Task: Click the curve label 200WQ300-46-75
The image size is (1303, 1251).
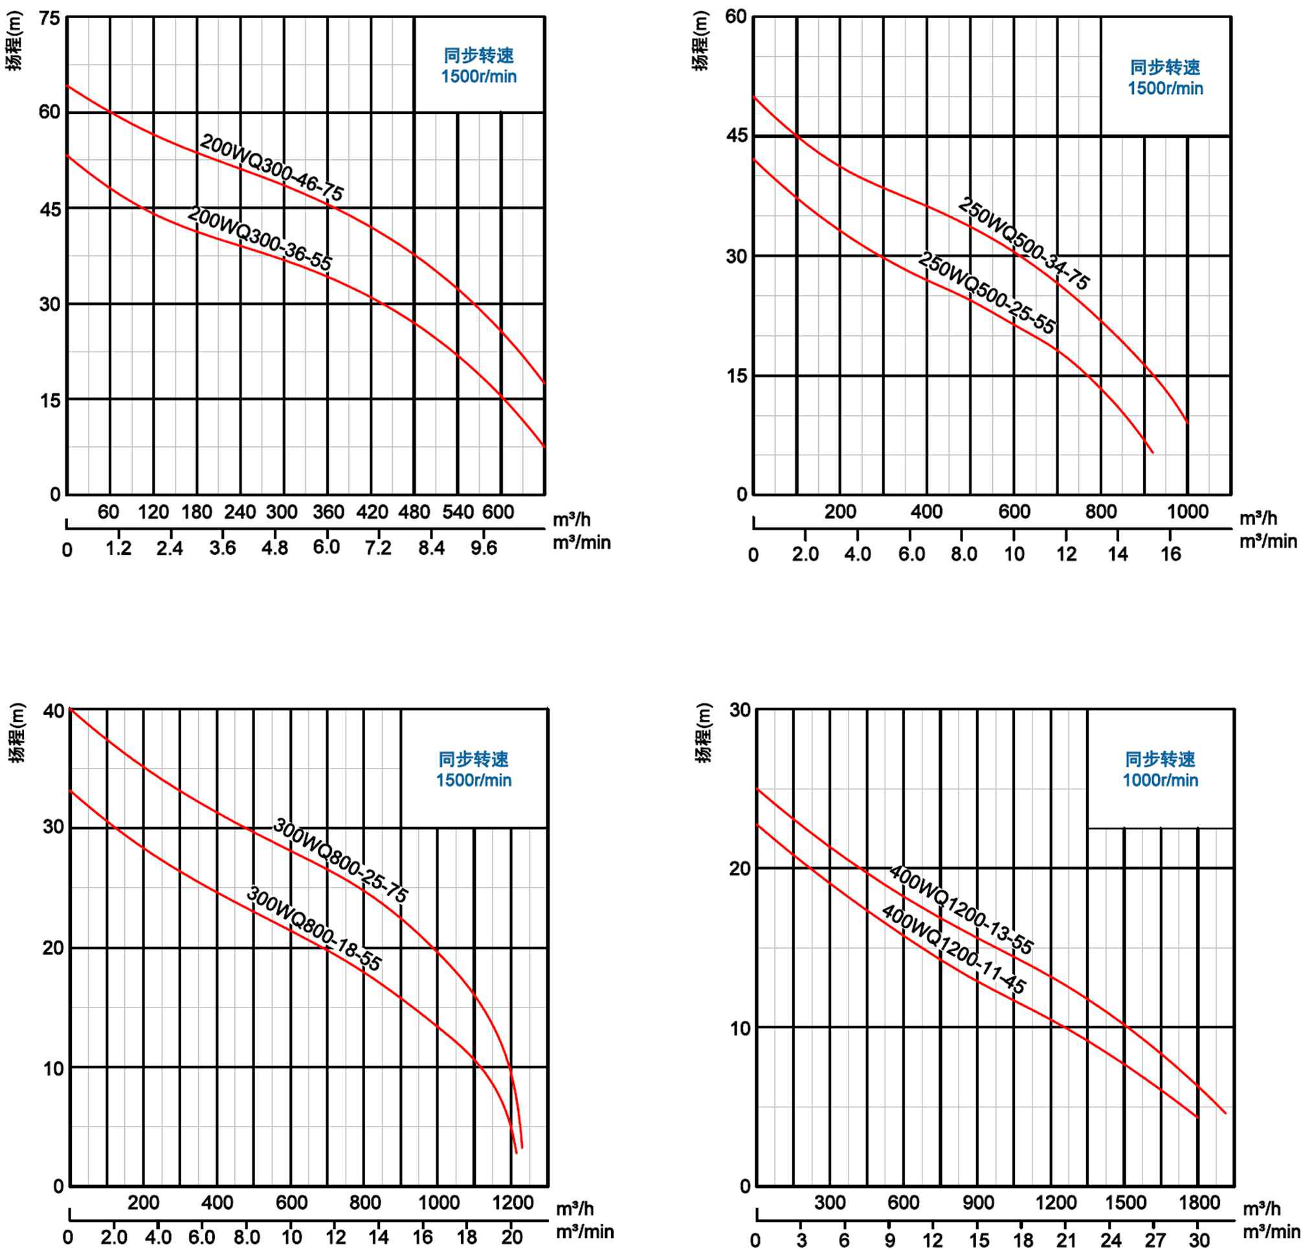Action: click(272, 168)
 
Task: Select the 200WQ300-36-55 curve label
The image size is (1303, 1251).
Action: click(260, 238)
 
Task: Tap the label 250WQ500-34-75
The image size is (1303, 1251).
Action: click(1023, 243)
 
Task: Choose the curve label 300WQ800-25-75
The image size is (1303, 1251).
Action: click(340, 860)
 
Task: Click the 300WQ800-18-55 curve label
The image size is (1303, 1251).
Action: click(314, 929)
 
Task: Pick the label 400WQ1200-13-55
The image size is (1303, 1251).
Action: click(961, 909)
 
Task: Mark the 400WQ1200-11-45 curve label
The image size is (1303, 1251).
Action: click(953, 949)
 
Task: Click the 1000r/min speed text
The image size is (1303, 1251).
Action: click(1160, 780)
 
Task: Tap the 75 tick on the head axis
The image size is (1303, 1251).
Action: click(49, 19)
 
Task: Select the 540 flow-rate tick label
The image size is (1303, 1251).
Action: click(458, 512)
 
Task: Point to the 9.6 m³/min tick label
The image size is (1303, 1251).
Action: click(484, 548)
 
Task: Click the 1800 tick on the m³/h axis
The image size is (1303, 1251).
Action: click(1199, 1202)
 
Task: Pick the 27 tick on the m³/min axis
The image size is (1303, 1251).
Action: click(1155, 1241)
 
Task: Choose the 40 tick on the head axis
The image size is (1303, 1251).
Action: click(54, 711)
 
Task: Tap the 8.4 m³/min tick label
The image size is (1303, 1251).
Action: click(432, 548)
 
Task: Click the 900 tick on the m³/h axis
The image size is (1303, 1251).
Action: click(979, 1202)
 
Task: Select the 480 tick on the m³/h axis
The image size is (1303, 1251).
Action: click(414, 512)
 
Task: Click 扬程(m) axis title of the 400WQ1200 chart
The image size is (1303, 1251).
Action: click(704, 733)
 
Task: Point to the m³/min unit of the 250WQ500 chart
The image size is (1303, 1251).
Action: click(1268, 541)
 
